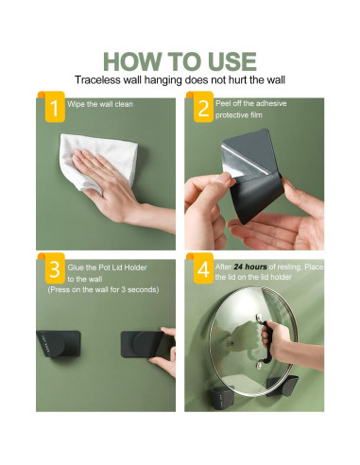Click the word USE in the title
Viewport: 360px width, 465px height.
231,61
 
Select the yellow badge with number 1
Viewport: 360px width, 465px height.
55,107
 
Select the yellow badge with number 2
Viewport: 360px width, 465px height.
203,107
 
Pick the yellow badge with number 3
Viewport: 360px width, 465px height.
55,268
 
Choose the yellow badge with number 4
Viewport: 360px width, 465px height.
203,268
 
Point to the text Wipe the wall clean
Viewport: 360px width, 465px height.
100,104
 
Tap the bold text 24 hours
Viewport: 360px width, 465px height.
250,267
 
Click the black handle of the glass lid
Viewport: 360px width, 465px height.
266,342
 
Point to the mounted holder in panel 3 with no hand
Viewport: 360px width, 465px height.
59,343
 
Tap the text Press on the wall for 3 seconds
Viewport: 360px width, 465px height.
103,289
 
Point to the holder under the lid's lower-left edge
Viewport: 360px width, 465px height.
221,398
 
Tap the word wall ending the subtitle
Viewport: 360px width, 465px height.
276,80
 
